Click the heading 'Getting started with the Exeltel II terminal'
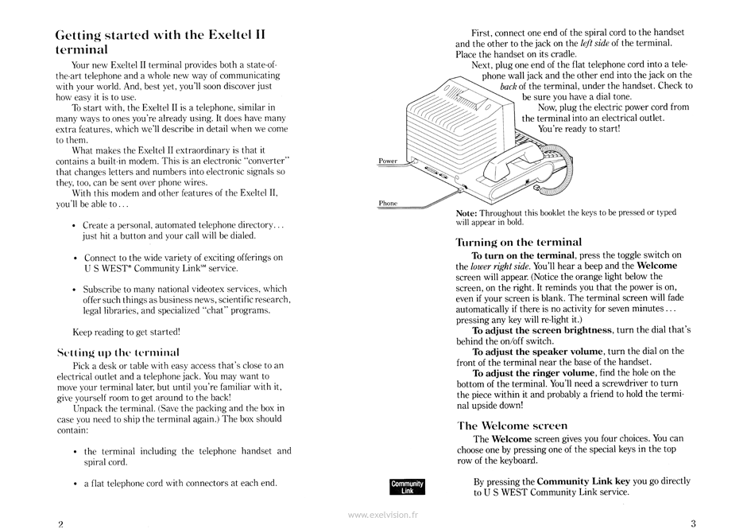(160, 42)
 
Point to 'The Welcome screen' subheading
(512, 426)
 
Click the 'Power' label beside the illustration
(388, 161)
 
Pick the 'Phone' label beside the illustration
(388, 204)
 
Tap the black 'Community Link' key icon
(408, 487)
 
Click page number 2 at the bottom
(60, 523)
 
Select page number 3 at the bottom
(693, 523)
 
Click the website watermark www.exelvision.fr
(382, 515)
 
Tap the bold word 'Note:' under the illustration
(467, 213)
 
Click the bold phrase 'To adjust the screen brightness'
(542, 329)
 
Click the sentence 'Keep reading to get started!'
(126, 331)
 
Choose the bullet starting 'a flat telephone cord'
(180, 482)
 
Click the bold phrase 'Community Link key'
(583, 481)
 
